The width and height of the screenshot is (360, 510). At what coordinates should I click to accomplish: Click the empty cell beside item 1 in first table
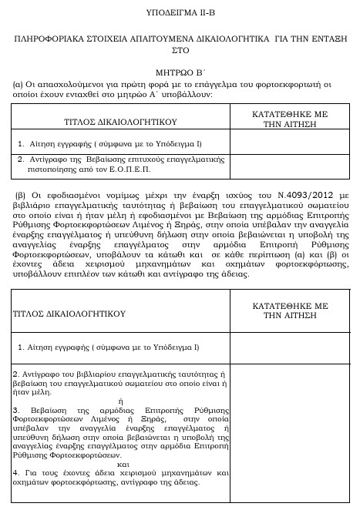click(x=290, y=143)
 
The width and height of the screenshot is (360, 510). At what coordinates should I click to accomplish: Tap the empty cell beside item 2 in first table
click(x=290, y=164)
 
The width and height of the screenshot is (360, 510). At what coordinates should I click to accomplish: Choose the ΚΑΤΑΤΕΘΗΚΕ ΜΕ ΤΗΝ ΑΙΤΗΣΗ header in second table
click(x=290, y=310)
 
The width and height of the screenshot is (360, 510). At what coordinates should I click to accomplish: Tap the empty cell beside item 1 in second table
click(x=290, y=347)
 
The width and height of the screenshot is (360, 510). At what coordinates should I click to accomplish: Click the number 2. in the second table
click(x=16, y=373)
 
